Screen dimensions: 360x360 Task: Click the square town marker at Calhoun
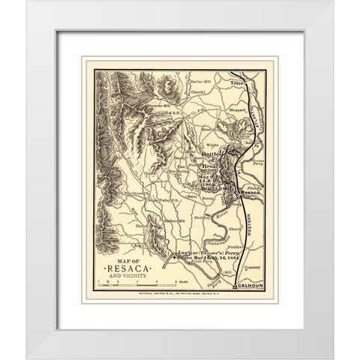[235, 285]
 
